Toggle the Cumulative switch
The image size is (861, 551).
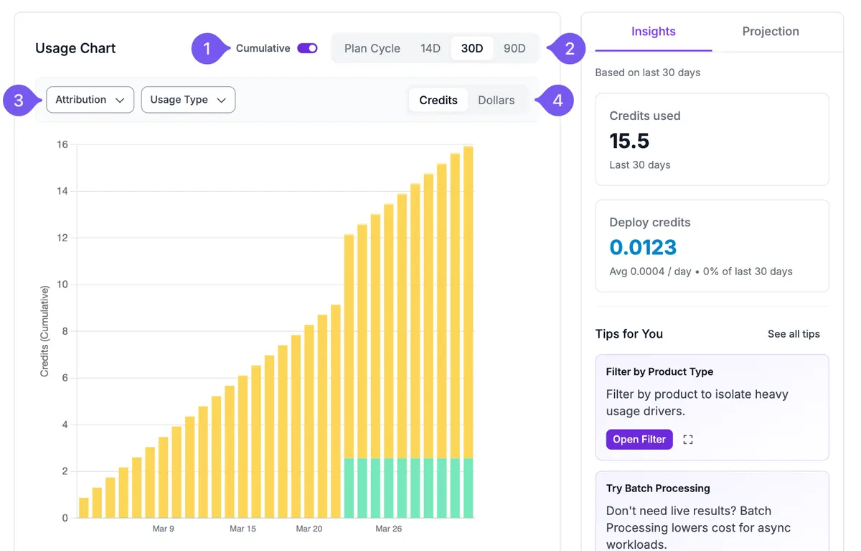(307, 48)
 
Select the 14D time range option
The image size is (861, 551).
(430, 48)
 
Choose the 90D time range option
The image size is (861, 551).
(514, 48)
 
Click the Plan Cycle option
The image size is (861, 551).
(372, 48)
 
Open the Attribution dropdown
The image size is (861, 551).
(90, 100)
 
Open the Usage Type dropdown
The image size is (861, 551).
(188, 100)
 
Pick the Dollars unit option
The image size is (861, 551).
(497, 100)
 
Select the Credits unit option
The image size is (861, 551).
(438, 100)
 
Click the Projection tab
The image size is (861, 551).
(771, 31)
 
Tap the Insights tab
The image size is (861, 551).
(654, 31)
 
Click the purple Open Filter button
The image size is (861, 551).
(639, 440)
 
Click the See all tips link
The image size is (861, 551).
(794, 334)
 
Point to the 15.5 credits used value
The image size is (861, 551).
(629, 141)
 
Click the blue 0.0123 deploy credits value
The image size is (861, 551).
(643, 247)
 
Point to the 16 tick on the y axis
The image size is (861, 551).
(62, 144)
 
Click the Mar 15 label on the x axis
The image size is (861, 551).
(243, 529)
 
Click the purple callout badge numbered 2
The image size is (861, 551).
(569, 48)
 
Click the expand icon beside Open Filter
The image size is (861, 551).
(688, 440)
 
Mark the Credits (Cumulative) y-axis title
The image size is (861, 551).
(44, 331)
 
